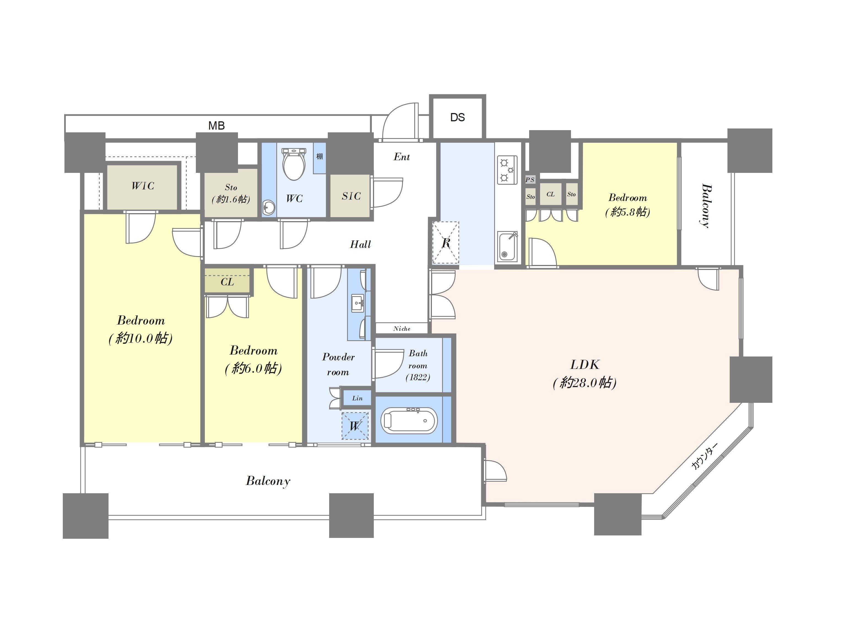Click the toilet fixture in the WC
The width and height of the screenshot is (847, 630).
click(294, 164)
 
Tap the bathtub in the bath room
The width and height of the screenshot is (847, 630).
click(409, 421)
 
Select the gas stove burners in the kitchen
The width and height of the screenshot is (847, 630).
click(507, 170)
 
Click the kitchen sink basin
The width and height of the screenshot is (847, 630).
click(507, 247)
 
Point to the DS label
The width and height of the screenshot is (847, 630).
click(457, 117)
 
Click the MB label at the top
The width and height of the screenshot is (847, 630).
click(217, 125)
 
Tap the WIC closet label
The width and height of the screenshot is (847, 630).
click(143, 186)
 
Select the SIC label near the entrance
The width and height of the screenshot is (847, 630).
click(351, 196)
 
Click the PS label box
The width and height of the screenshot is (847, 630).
click(530, 179)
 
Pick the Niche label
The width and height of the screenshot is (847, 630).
click(402, 328)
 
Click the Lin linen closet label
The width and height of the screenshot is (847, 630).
click(357, 398)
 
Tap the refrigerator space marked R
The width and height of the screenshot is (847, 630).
click(445, 243)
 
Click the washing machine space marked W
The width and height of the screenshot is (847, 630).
click(355, 426)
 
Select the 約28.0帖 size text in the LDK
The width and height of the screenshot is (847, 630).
click(585, 382)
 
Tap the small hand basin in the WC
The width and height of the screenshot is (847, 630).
click(269, 208)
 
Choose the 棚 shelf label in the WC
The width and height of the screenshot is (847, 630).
click(319, 156)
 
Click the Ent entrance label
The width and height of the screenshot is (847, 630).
click(402, 157)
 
